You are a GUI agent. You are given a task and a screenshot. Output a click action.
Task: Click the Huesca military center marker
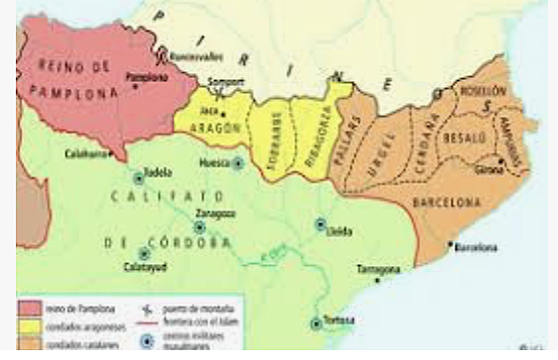(238, 162)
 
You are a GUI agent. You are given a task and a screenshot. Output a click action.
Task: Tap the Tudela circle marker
(139, 179)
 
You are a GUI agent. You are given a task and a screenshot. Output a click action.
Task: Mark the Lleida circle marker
(321, 225)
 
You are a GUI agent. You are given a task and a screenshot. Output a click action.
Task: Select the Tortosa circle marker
(317, 322)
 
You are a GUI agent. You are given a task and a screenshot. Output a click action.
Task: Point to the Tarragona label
(379, 269)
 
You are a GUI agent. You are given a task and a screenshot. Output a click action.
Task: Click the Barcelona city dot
(449, 244)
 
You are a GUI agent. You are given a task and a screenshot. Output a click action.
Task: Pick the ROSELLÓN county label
(482, 91)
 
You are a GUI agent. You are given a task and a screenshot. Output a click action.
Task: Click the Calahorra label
(87, 153)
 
